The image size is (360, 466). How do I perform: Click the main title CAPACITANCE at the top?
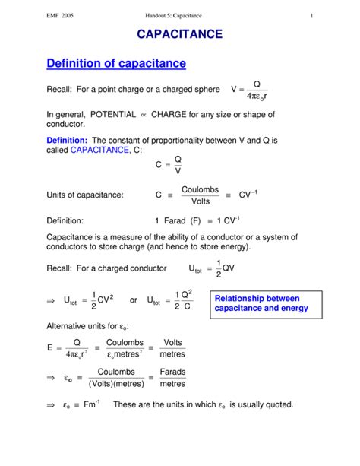pyautogui.click(x=179, y=35)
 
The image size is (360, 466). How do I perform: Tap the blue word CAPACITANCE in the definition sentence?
pyautogui.click(x=98, y=151)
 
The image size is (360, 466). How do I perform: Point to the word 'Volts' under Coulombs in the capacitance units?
pyautogui.click(x=201, y=201)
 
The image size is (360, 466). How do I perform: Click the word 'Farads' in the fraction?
pyautogui.click(x=172, y=372)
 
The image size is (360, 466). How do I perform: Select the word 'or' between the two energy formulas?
pyautogui.click(x=134, y=301)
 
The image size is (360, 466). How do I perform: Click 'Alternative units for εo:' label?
pyautogui.click(x=87, y=326)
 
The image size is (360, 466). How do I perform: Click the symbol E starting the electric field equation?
pyautogui.click(x=50, y=348)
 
